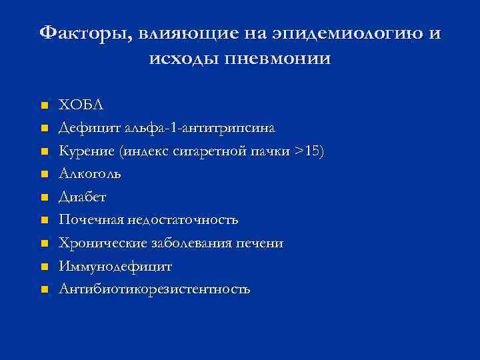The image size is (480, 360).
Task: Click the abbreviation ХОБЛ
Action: pyautogui.click(x=81, y=105)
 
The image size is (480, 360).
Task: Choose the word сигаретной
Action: pyautogui.click(x=211, y=151)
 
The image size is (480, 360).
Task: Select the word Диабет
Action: pyautogui.click(x=82, y=197)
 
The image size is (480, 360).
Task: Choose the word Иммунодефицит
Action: pyautogui.click(x=115, y=266)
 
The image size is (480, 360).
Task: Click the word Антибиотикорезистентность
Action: pyautogui.click(x=155, y=289)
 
